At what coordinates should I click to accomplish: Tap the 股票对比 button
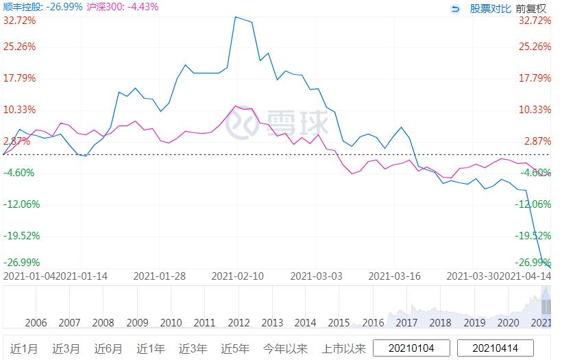tap(490, 8)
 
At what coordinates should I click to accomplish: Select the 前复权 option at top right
tap(531, 8)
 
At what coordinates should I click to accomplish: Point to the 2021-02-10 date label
tap(237, 276)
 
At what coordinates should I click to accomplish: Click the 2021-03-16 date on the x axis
tap(395, 276)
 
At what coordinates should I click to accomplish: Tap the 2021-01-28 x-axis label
tap(159, 276)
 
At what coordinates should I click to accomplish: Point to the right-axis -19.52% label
tap(535, 235)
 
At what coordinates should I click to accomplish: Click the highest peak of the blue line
tap(236, 17)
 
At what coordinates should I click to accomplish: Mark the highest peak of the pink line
tap(236, 106)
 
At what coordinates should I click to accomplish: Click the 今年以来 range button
tap(286, 348)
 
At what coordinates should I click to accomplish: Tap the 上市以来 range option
tap(343, 348)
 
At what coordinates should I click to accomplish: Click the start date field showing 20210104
tap(412, 348)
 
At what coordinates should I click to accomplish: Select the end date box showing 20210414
tap(495, 348)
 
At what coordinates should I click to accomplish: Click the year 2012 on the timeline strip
tap(239, 323)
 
